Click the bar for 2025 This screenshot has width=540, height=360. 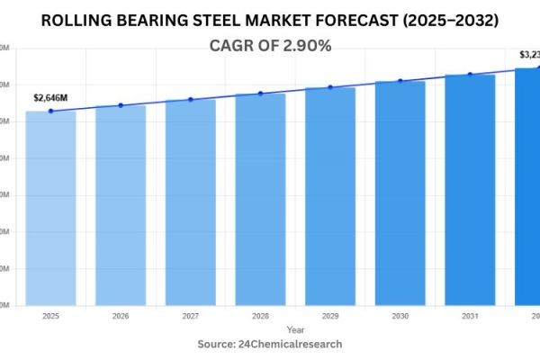tap(50, 207)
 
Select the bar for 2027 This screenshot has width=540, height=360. tap(190, 202)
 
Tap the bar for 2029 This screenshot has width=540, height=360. tap(329, 195)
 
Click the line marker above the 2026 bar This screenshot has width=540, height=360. tap(121, 105)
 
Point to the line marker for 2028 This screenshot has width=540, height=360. tap(260, 94)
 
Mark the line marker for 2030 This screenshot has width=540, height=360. tap(400, 81)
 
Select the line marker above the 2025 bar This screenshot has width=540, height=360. tap(50, 111)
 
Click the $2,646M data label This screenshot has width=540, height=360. tap(50, 96)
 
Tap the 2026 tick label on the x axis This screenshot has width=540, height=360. tap(121, 316)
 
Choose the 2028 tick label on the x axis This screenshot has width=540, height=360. tap(260, 316)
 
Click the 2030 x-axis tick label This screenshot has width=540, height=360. tap(400, 316)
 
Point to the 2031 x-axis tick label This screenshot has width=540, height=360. tap(470, 316)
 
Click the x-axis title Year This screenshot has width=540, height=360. tap(270, 329)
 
